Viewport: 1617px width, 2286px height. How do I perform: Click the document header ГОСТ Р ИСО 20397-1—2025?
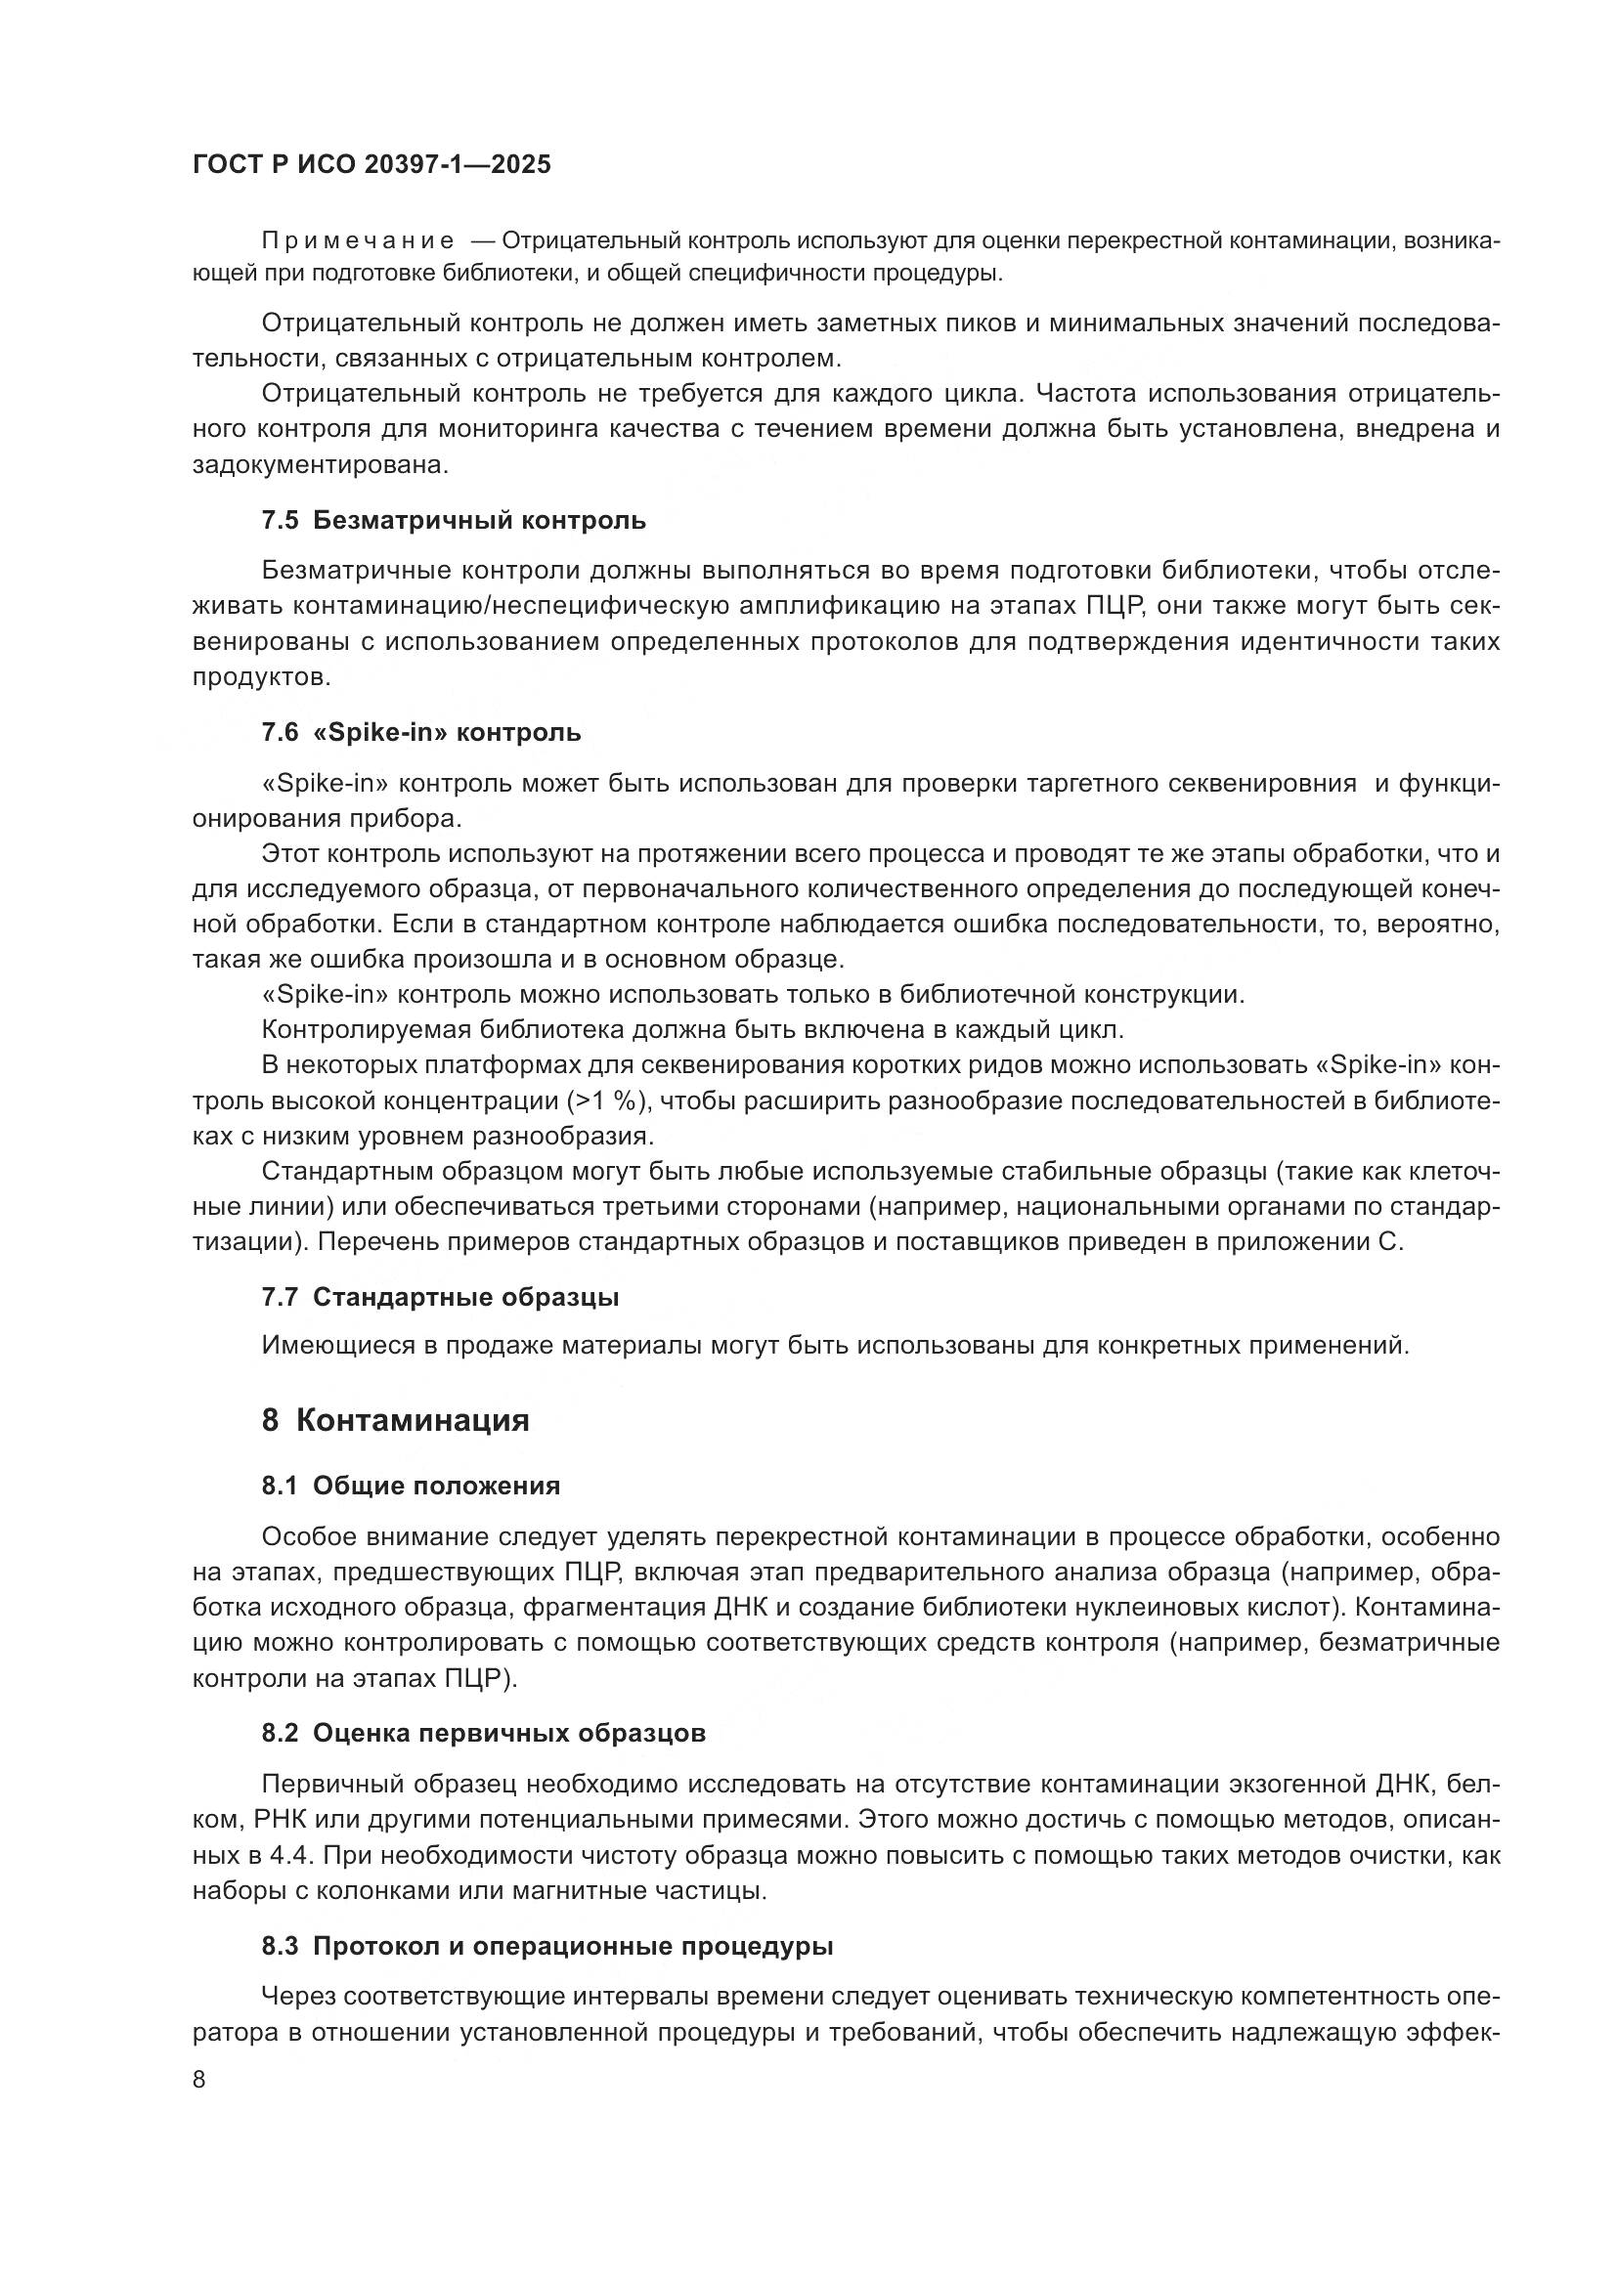(371, 165)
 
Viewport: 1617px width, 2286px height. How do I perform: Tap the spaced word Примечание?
(358, 241)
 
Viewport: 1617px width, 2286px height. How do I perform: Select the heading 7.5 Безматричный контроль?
(453, 520)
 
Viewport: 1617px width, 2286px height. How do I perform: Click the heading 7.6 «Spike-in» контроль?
(421, 733)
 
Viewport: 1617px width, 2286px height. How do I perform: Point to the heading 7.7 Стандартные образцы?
(440, 1297)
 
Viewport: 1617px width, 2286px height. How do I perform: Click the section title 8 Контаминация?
(395, 1420)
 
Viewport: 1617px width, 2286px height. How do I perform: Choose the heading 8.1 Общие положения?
(411, 1486)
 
